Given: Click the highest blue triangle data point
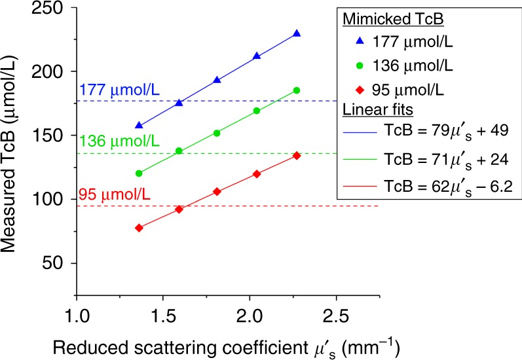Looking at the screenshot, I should pyautogui.click(x=297, y=33).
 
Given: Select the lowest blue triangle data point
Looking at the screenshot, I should pyautogui.click(x=138, y=124).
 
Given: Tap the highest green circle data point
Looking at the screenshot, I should pyautogui.click(x=297, y=90).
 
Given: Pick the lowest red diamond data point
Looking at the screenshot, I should pyautogui.click(x=138, y=228).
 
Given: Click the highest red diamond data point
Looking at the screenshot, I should pyautogui.click(x=297, y=155).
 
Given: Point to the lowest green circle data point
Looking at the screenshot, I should pyautogui.click(x=138, y=173).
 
